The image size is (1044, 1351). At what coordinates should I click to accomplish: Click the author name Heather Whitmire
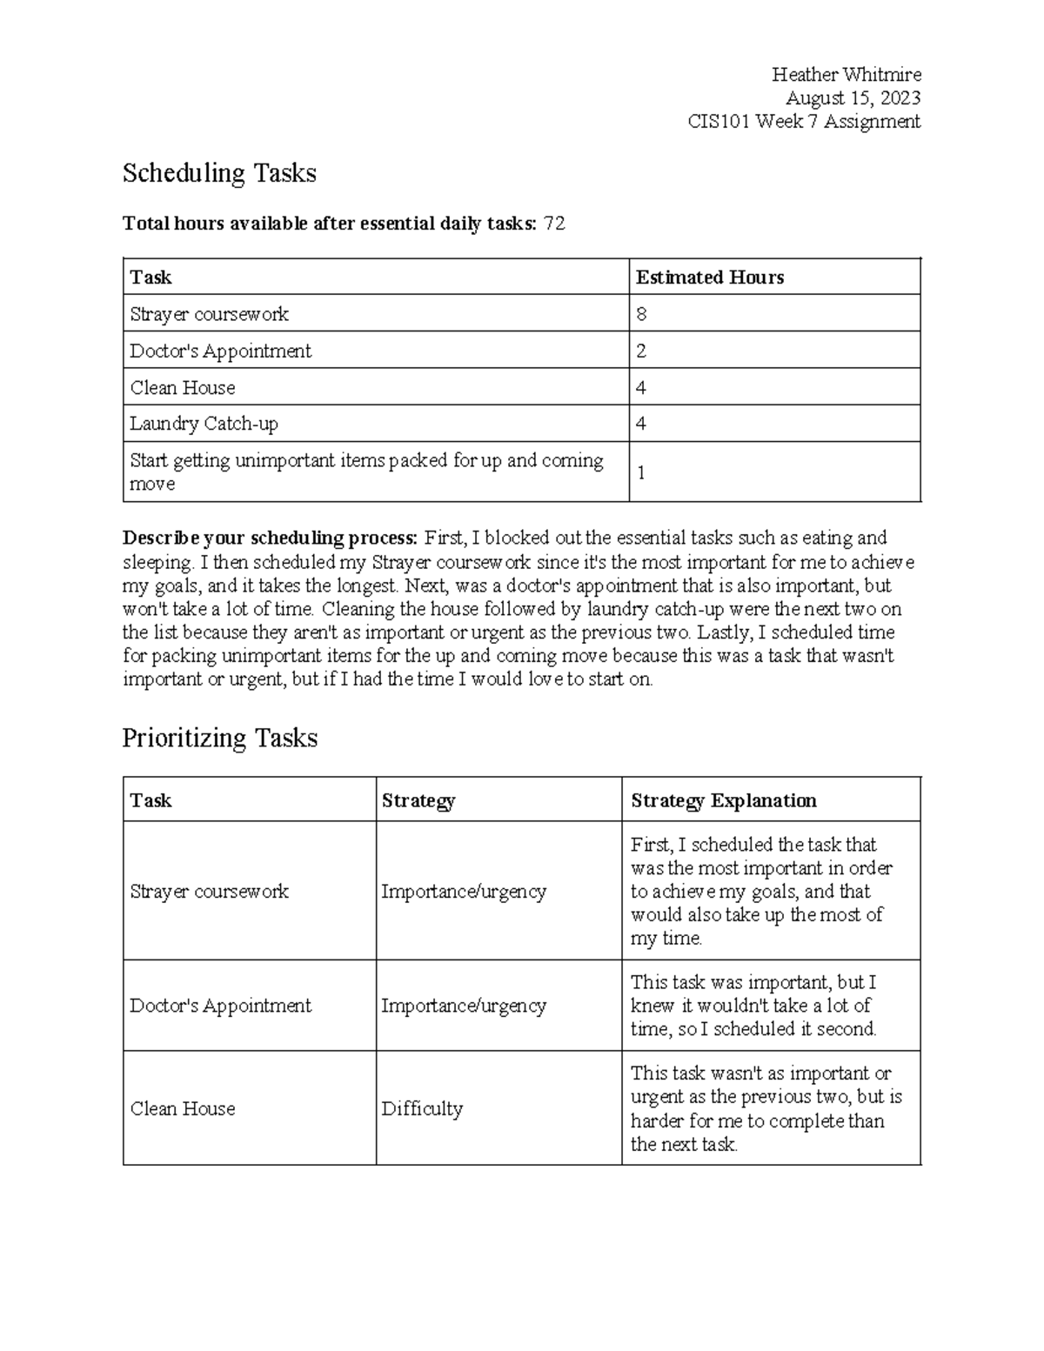(846, 75)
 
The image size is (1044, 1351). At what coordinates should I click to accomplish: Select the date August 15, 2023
(853, 98)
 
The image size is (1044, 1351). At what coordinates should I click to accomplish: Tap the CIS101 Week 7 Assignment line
(804, 122)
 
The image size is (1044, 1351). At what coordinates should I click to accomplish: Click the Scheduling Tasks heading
(219, 173)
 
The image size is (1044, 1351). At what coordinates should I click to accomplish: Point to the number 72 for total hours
(554, 224)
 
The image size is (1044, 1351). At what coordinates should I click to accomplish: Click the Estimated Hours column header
(710, 278)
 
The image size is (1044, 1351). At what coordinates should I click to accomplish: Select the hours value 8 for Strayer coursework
(642, 314)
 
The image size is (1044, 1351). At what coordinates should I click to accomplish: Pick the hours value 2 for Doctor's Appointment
(642, 351)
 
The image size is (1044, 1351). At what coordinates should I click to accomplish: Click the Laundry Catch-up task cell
(204, 425)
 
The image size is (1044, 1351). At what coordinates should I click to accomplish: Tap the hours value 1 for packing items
(642, 472)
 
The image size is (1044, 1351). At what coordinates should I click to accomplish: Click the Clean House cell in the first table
(183, 388)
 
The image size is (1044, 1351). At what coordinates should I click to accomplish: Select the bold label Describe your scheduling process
(271, 538)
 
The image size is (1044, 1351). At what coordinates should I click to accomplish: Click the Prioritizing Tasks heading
(220, 738)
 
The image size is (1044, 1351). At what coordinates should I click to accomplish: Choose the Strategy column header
(418, 800)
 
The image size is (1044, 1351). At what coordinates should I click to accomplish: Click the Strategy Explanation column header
(724, 800)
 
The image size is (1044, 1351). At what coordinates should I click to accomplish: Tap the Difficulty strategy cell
(422, 1109)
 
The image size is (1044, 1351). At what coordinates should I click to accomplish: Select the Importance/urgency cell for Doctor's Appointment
(464, 1007)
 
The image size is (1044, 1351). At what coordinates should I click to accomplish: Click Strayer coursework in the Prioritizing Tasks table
(209, 892)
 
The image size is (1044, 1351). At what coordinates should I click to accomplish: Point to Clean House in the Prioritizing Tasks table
(183, 1109)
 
